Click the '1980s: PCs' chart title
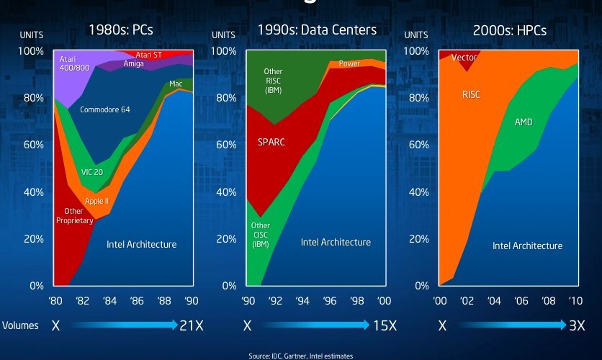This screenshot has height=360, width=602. pos(121,30)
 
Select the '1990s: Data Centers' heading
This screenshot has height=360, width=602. pos(317,30)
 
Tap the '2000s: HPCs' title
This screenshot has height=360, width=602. pos(508,30)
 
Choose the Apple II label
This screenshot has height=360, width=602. pos(97,201)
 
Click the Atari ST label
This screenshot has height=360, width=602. pos(148,55)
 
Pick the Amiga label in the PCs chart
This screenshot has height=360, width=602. pos(134,64)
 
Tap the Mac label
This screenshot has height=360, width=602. pos(176,84)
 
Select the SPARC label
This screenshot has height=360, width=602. pos(271,142)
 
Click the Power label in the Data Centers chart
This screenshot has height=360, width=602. pos(350,64)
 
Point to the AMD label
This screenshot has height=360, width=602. pos(524,122)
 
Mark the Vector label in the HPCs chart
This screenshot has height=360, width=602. pos(464,58)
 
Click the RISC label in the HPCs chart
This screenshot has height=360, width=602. pos(471,94)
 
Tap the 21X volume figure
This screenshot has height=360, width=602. pos(191,326)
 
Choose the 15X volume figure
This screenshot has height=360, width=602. pos(385,326)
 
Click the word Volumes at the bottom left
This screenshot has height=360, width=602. pos(20,325)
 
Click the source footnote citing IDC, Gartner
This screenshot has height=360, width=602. pos(301,356)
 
